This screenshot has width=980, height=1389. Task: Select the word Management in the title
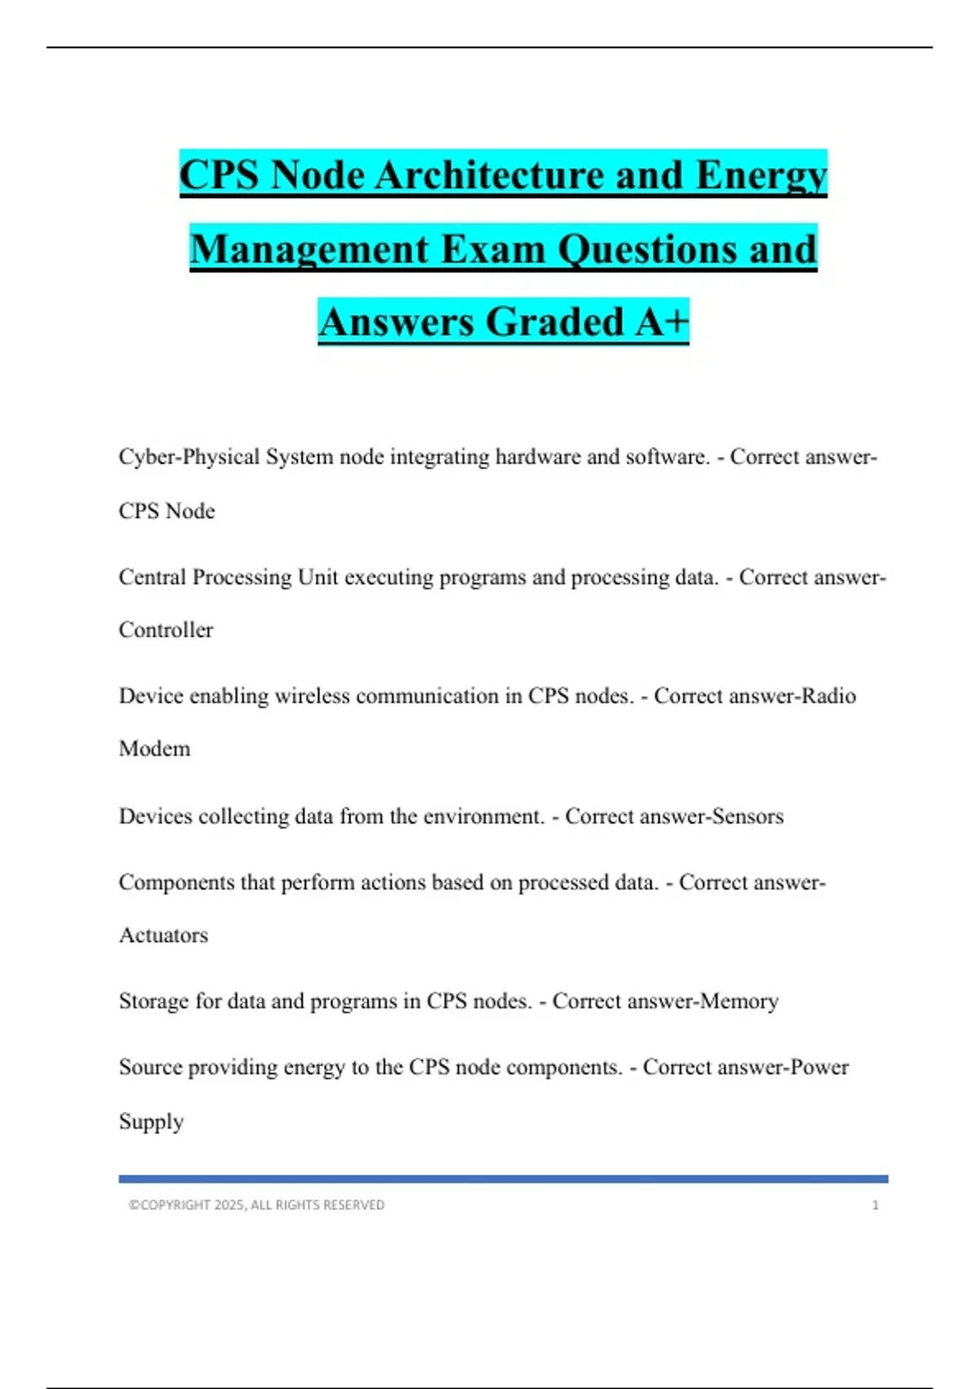310,249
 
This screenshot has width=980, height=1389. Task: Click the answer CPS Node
167,511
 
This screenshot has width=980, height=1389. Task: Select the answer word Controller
166,630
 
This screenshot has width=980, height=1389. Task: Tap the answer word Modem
154,748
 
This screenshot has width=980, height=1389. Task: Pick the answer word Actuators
163,935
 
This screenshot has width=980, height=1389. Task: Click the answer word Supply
151,1121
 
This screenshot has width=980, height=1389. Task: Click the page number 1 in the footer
875,1205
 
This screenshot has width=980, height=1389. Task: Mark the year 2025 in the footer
229,1205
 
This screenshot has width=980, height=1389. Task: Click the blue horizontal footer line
503,1179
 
